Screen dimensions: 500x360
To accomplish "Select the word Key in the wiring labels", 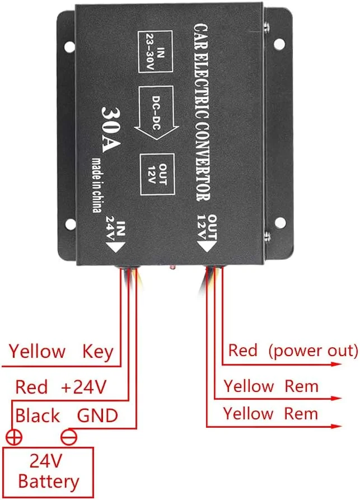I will [x=98, y=352].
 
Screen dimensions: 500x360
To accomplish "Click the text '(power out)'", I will [x=312, y=351].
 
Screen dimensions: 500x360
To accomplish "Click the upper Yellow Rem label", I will [x=271, y=386].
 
